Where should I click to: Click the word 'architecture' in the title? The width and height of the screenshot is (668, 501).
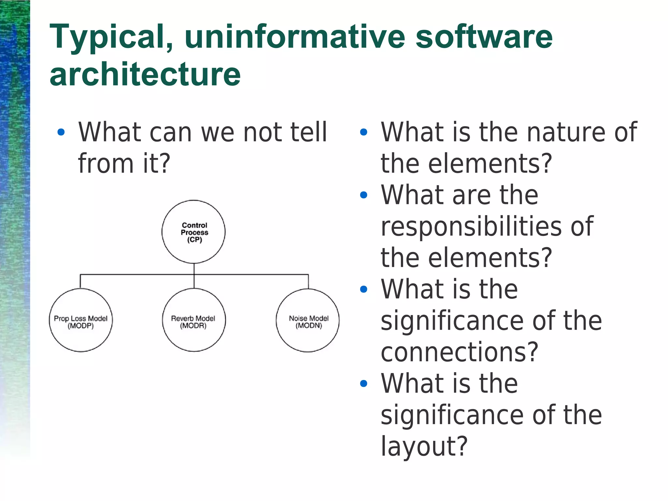[145, 74]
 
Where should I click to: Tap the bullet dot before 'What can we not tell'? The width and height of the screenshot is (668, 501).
[61, 132]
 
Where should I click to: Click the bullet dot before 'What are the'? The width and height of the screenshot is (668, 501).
[363, 195]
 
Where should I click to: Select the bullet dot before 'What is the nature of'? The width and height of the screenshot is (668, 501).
[363, 132]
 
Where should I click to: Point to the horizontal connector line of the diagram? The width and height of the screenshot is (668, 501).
[137, 274]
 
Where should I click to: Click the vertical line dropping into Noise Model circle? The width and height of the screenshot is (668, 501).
[308, 282]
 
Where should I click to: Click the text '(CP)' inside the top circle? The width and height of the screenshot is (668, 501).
[194, 240]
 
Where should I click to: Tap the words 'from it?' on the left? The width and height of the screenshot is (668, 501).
[124, 163]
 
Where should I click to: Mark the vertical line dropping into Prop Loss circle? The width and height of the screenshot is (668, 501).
[81, 282]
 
